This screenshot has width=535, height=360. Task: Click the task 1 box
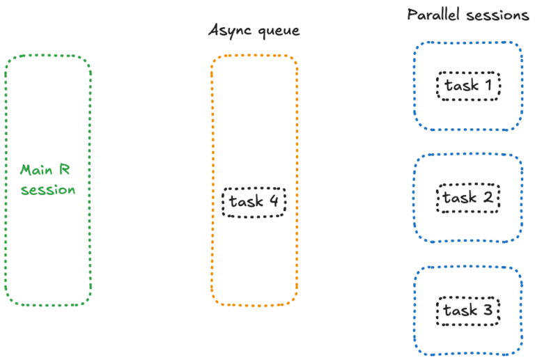[x=468, y=86]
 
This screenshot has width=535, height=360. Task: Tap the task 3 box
[x=468, y=311]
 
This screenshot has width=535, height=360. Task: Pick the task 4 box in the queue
[x=254, y=202]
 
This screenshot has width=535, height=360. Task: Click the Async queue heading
[x=254, y=30]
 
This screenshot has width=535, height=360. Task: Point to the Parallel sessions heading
[x=468, y=15]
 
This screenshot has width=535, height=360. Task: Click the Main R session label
[x=47, y=179]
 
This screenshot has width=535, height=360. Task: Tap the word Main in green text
[x=36, y=169]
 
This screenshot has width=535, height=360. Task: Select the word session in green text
[x=47, y=189]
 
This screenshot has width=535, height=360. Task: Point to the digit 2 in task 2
[x=488, y=198]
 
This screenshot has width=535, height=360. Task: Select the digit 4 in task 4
[x=274, y=202]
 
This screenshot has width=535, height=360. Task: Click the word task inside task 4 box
[x=246, y=202]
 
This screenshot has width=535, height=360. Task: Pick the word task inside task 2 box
[x=459, y=198]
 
